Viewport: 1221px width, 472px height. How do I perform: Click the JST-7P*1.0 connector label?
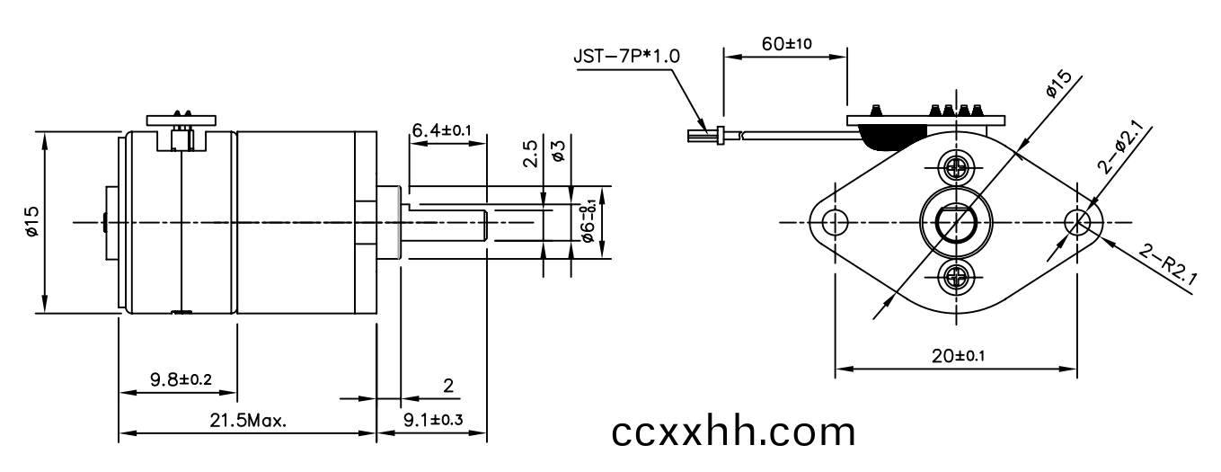coord(626,57)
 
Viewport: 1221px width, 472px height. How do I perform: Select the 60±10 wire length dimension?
coord(786,44)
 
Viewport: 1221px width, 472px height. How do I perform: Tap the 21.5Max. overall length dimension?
coord(248,421)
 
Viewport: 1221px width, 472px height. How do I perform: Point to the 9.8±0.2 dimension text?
coord(181,379)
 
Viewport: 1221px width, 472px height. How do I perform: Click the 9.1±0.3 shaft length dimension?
coord(433,420)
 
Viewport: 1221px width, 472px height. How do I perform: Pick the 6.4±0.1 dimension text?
coord(441,130)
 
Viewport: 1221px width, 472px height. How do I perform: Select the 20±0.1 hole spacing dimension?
coord(959,356)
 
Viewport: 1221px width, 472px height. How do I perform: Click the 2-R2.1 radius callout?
coord(1168,265)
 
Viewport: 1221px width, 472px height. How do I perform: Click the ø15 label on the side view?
coord(31,221)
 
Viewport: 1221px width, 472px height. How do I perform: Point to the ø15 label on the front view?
coord(1058,85)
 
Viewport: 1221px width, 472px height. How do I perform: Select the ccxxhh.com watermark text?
coord(733,432)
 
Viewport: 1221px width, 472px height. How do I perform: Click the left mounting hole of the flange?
coord(835,223)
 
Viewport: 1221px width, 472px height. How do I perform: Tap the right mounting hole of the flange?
coord(1077,223)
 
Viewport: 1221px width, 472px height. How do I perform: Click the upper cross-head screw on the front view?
coord(956,167)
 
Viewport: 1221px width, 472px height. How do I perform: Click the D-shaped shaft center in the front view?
coord(956,224)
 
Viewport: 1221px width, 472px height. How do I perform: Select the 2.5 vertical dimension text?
coord(530,154)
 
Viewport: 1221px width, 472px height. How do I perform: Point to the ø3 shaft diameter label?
coord(558,151)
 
